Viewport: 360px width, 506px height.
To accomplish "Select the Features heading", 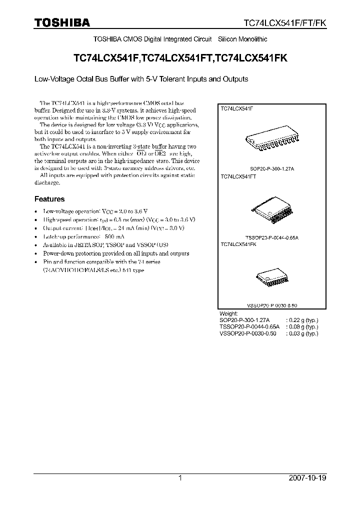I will pyautogui.click(x=49, y=199).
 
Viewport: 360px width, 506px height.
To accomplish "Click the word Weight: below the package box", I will pyautogui.click(x=229, y=312).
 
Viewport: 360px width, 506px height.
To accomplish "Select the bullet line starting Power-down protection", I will pyautogui.click(x=115, y=253).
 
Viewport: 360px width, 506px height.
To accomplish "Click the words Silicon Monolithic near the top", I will pyautogui.click(x=243, y=39).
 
